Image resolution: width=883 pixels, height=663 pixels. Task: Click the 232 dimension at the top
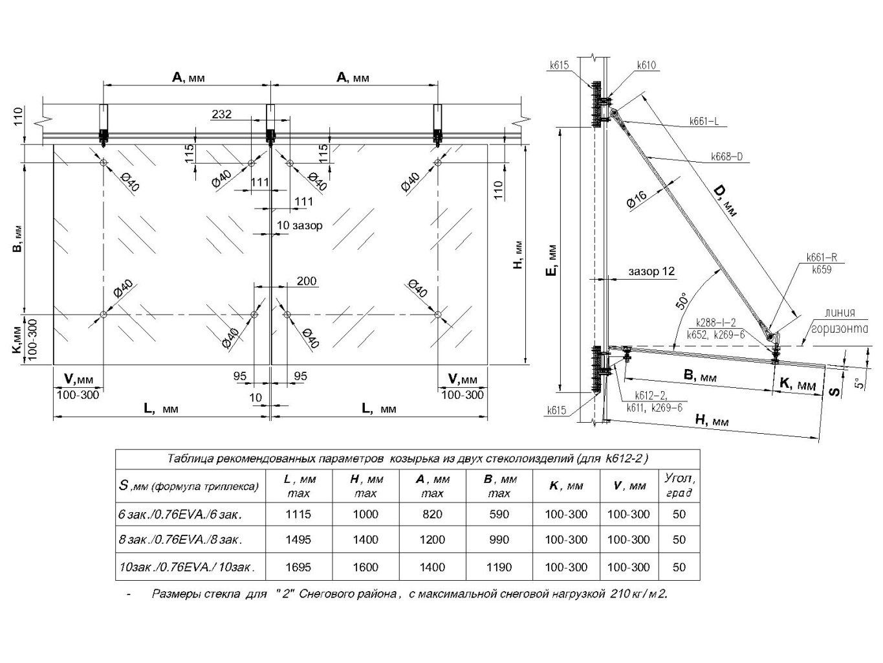(221, 115)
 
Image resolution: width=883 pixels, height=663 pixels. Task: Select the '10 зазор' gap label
(299, 225)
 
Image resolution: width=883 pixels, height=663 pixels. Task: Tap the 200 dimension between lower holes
(307, 281)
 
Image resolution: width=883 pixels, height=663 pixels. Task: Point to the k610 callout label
(646, 65)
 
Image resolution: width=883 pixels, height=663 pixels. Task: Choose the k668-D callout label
(726, 157)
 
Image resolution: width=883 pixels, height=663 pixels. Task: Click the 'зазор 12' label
(651, 271)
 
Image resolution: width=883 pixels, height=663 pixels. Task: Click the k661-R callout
(822, 258)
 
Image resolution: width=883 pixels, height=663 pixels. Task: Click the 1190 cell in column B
(499, 567)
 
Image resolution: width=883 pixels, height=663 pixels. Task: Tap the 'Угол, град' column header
(679, 486)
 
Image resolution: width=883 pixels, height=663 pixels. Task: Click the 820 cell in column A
(432, 514)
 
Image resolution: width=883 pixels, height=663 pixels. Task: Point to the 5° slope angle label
(858, 383)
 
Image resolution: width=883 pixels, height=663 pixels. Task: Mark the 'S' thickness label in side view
(835, 390)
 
